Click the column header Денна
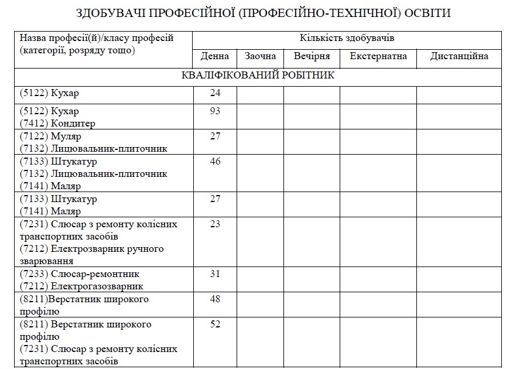point(214,57)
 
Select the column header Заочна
point(261,57)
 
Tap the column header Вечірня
point(312,57)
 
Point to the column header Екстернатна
point(378,57)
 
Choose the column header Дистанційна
point(459,57)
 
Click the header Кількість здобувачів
point(347,39)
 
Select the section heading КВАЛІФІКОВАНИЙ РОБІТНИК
point(258,76)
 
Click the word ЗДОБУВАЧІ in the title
point(112,13)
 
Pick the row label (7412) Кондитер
point(57,124)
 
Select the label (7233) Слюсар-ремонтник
point(80,274)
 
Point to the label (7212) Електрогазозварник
point(81,286)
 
